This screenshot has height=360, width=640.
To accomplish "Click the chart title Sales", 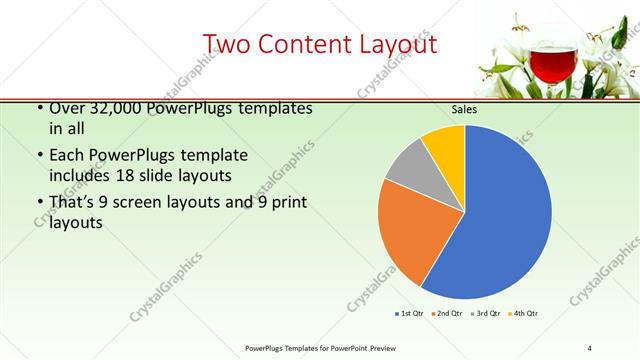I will click(x=464, y=109).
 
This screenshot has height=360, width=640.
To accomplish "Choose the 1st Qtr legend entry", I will click(x=411, y=314).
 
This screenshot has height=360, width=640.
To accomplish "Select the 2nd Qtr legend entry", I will click(x=447, y=314).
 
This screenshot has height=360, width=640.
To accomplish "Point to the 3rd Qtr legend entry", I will click(x=486, y=314).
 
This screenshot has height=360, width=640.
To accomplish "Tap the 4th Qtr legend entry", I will click(x=524, y=314).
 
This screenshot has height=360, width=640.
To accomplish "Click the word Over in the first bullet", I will click(x=67, y=108).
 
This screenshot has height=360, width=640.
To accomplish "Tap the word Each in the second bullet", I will click(x=67, y=156).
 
